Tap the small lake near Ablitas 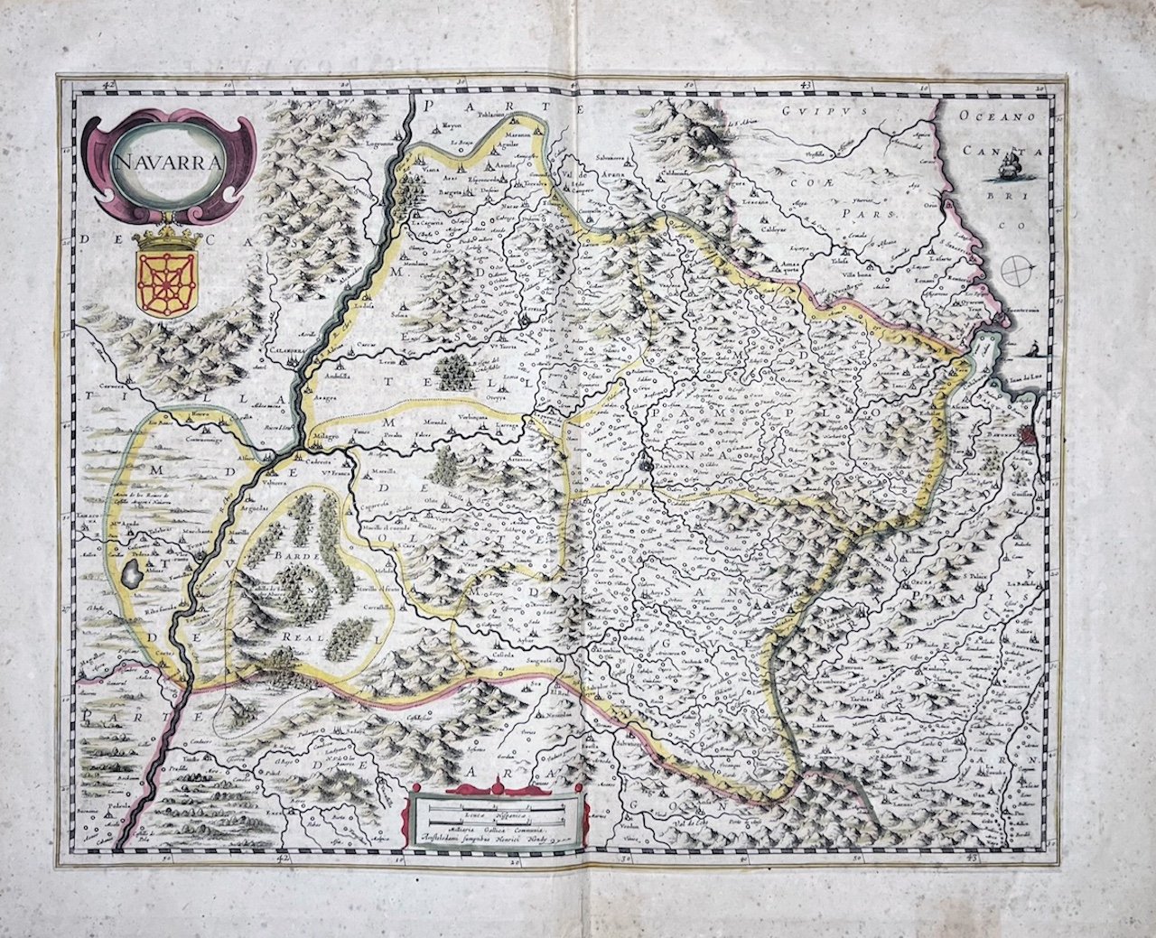(133, 571)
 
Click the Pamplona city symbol (647, 465)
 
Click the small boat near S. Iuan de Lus (1030, 349)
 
